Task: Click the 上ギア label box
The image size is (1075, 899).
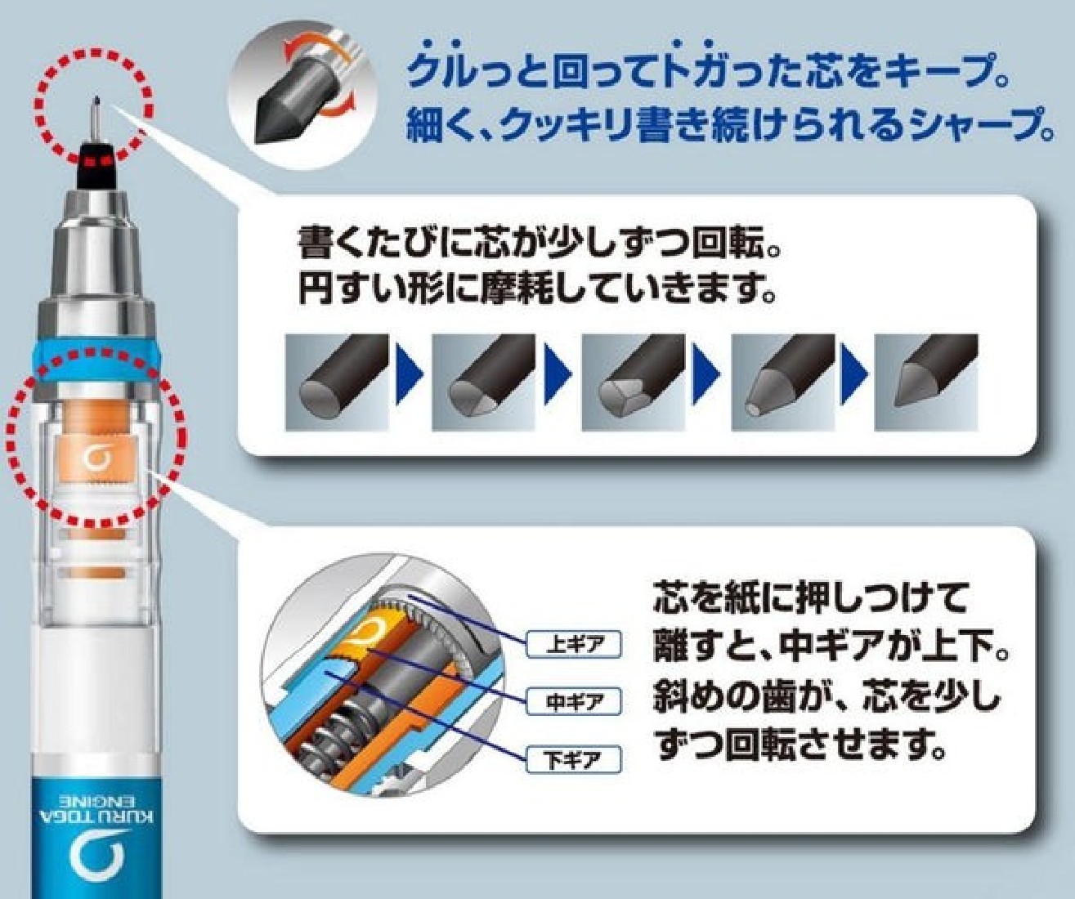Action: click(574, 645)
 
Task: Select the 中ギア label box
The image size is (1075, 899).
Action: click(574, 702)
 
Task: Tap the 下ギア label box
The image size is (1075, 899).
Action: click(574, 761)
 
